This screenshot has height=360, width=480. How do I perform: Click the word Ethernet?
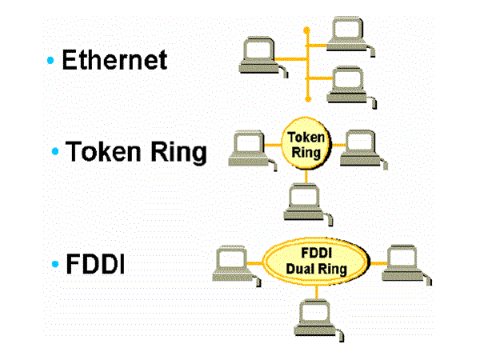[114, 60]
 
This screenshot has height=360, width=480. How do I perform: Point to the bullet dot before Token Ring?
[56, 152]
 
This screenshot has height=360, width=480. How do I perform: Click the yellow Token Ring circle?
[305, 145]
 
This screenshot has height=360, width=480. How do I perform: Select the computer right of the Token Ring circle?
[358, 146]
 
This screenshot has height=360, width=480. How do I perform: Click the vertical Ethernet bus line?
[306, 64]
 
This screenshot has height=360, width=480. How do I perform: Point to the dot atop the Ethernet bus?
[306, 29]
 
